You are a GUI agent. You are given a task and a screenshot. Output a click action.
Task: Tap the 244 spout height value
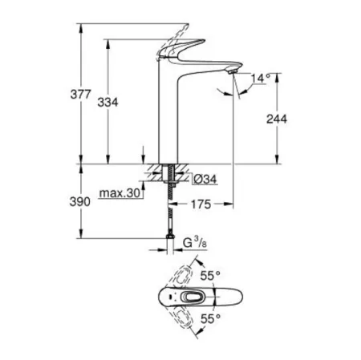click(275, 118)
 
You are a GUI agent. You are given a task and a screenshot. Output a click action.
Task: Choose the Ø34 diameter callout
click(205, 178)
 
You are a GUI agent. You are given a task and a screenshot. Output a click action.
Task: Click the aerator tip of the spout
click(232, 75)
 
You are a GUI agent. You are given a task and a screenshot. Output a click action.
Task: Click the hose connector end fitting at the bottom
click(169, 238)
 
